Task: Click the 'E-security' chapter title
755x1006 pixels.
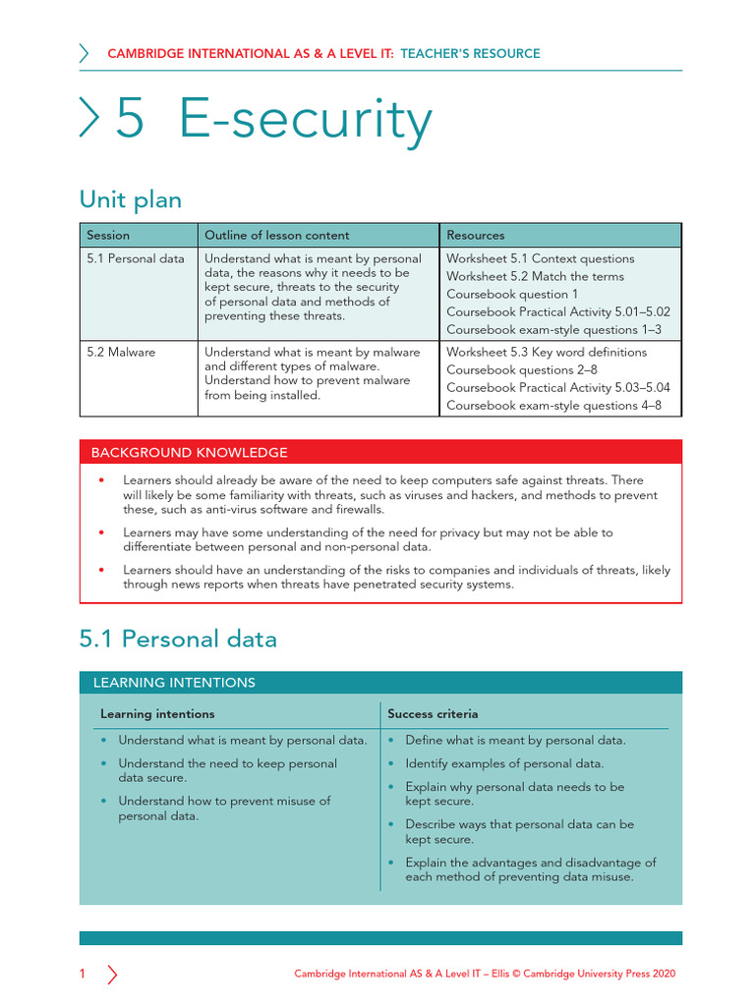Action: [306, 121]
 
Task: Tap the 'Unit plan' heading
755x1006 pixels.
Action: [130, 200]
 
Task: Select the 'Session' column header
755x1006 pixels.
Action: [108, 236]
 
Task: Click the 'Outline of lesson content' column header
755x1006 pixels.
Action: [276, 236]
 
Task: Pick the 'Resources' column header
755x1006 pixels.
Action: [476, 236]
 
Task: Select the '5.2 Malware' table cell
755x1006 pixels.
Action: [121, 352]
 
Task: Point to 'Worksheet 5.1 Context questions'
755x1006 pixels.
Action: [540, 258]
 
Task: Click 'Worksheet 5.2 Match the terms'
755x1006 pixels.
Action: [535, 276]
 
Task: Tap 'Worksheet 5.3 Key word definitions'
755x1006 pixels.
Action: [547, 352]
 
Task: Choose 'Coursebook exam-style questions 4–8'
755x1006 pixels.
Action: [553, 405]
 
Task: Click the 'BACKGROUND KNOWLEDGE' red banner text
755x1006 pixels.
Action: [190, 453]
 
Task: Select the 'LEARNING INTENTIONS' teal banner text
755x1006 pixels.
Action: [174, 683]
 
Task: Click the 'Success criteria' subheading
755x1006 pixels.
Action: [433, 713]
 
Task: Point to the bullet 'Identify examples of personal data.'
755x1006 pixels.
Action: [504, 763]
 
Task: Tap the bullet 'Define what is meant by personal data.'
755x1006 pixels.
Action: [515, 740]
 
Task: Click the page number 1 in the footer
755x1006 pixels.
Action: [83, 974]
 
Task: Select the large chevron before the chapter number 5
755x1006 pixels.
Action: [89, 120]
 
